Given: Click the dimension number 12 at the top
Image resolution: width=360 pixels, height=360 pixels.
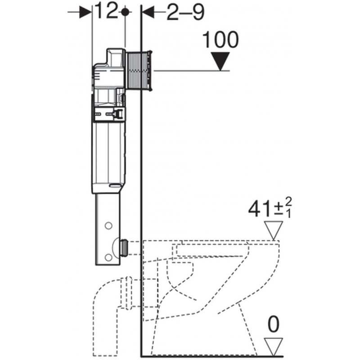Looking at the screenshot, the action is [106, 10].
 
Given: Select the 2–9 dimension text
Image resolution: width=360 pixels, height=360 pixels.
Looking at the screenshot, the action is [185, 13].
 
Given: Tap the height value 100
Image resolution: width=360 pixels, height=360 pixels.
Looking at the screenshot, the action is [221, 40].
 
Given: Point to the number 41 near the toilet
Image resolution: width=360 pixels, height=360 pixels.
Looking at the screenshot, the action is [261, 209].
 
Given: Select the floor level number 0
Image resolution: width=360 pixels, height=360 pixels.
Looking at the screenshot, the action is [273, 324].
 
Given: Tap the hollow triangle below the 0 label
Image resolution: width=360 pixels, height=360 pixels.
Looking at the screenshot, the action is [274, 346].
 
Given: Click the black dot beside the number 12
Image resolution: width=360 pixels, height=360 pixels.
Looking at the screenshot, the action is [125, 12].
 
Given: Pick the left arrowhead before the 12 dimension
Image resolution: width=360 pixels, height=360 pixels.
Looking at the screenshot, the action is [85, 12].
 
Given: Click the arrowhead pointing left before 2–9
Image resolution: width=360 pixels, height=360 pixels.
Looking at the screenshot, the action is [148, 12].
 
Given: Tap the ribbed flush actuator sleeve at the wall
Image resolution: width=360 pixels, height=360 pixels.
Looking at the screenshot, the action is [139, 71].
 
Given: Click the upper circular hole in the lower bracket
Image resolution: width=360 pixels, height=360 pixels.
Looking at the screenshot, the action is [108, 226].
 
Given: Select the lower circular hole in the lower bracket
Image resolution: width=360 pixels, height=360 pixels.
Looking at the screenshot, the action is [108, 257].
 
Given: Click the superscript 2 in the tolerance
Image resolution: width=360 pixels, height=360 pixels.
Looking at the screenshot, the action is [288, 202].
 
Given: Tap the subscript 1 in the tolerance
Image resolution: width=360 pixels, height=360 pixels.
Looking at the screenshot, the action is [288, 213].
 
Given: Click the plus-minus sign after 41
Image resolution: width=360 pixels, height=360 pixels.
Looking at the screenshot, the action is [279, 209].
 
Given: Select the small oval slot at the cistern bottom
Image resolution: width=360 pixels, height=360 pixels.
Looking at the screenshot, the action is [116, 185].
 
